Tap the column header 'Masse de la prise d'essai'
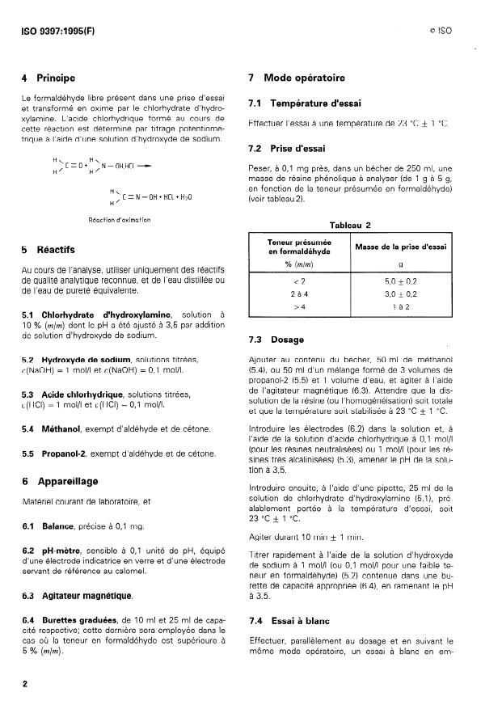tap(404, 246)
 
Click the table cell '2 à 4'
tap(300, 293)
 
